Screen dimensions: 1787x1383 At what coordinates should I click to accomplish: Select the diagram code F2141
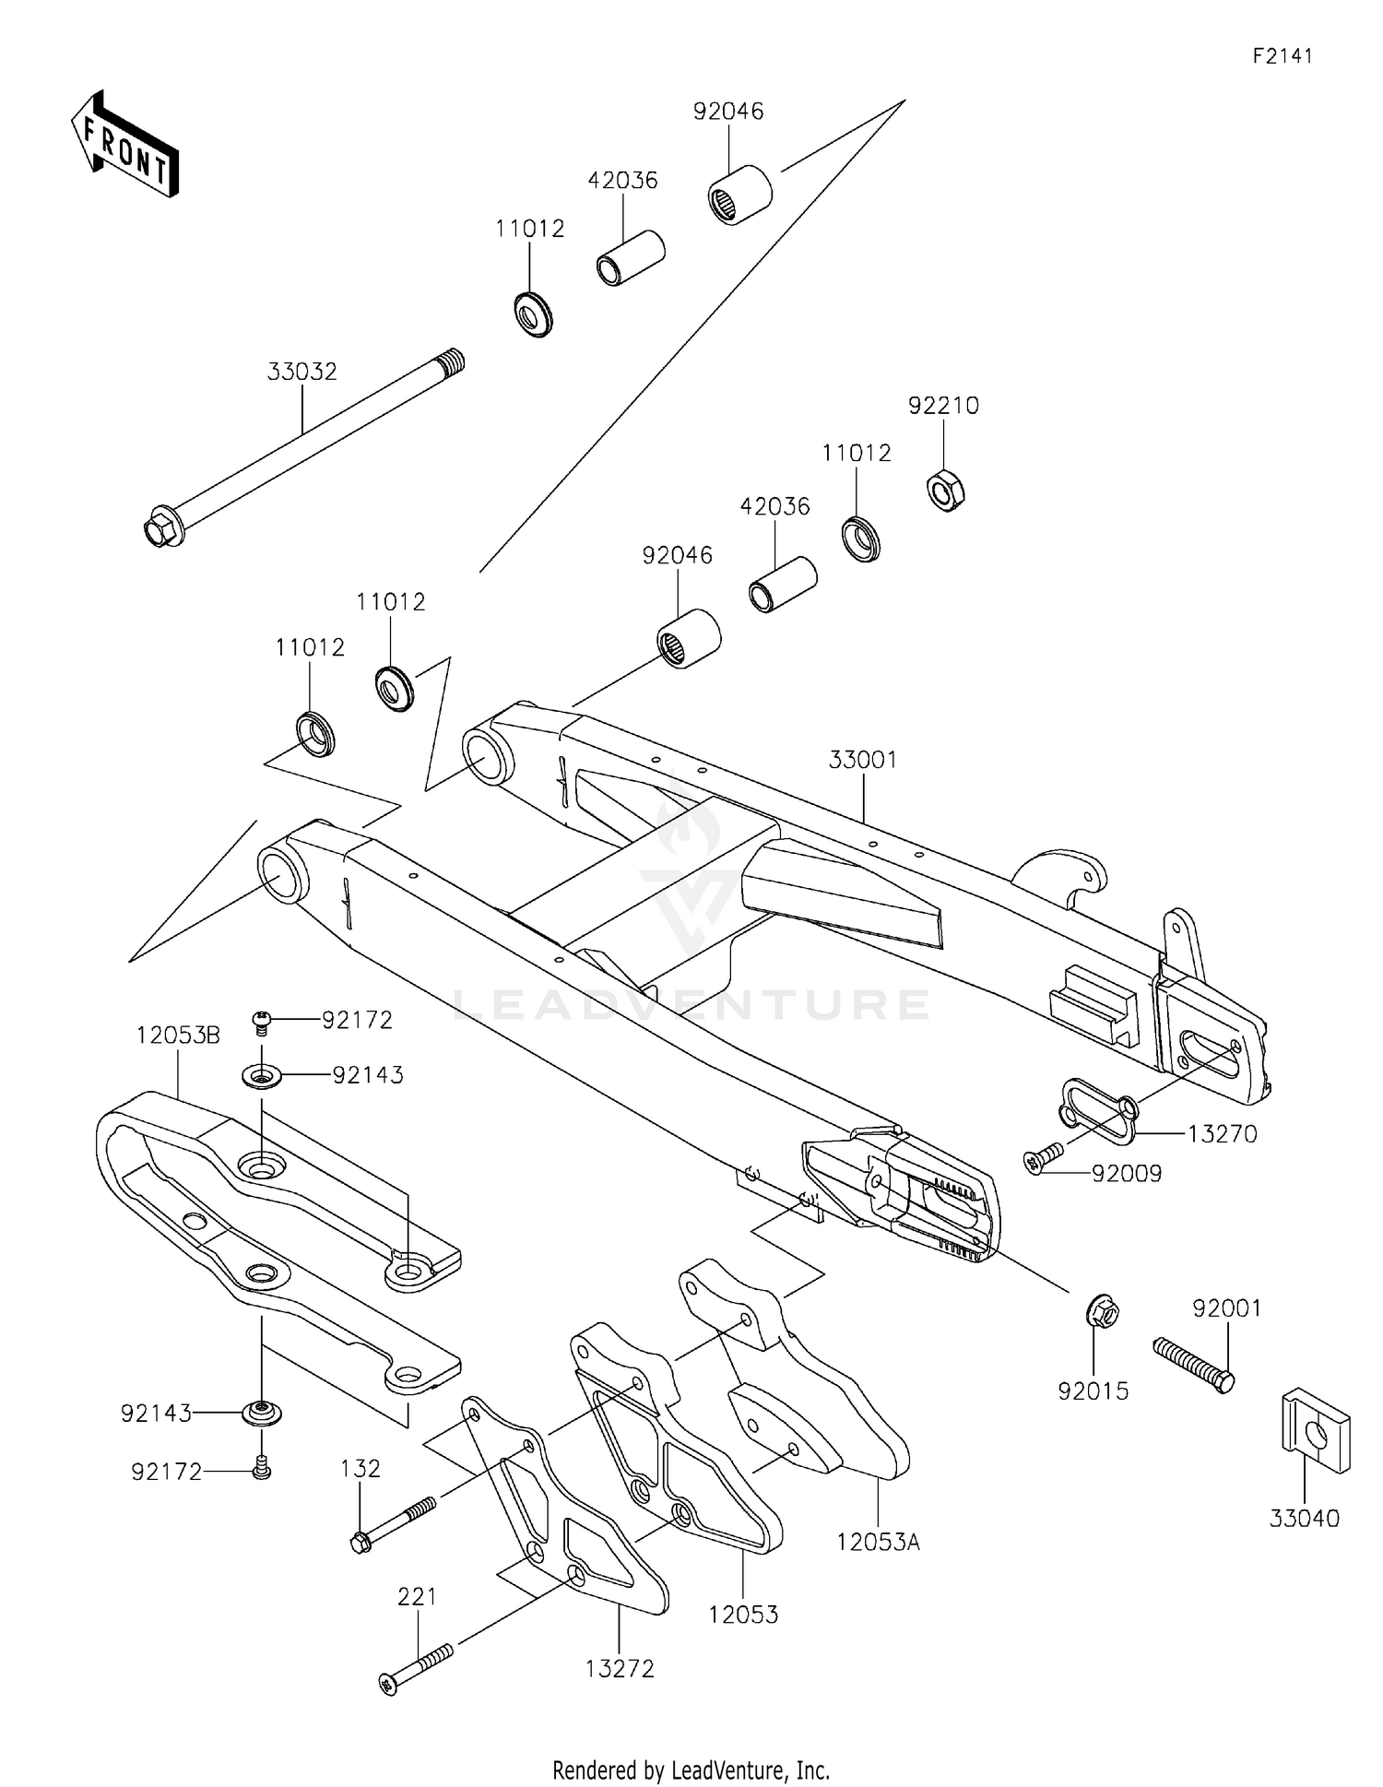1282,56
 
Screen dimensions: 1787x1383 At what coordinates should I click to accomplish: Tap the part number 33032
302,372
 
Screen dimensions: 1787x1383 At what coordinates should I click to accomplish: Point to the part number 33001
863,760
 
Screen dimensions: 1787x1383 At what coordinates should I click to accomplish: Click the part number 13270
1222,1133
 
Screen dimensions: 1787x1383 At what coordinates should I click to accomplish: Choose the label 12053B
178,1036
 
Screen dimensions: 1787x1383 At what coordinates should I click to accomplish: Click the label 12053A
879,1541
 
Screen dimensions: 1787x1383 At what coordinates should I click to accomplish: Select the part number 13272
620,1668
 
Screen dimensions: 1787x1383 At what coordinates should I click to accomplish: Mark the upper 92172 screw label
357,1020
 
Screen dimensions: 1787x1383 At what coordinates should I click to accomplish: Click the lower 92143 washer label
156,1413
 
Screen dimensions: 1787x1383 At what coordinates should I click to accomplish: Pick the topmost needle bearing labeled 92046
739,194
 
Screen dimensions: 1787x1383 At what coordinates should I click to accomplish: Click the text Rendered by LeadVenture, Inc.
691,1769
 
